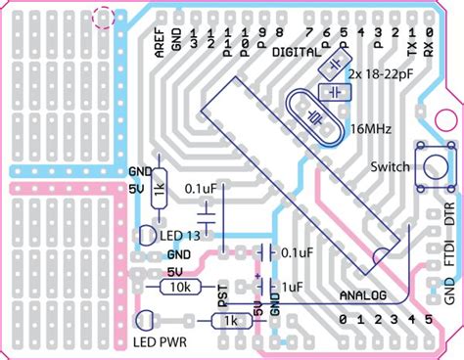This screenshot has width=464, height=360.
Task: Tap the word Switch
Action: pyautogui.click(x=391, y=166)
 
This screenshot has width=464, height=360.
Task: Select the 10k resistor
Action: pyautogui.click(x=179, y=286)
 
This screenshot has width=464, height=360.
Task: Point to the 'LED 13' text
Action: pyautogui.click(x=179, y=235)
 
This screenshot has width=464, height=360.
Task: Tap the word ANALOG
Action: pyautogui.click(x=362, y=294)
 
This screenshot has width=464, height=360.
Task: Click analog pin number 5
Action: pyautogui.click(x=428, y=320)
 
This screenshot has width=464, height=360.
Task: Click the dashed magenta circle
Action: pyautogui.click(x=102, y=16)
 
